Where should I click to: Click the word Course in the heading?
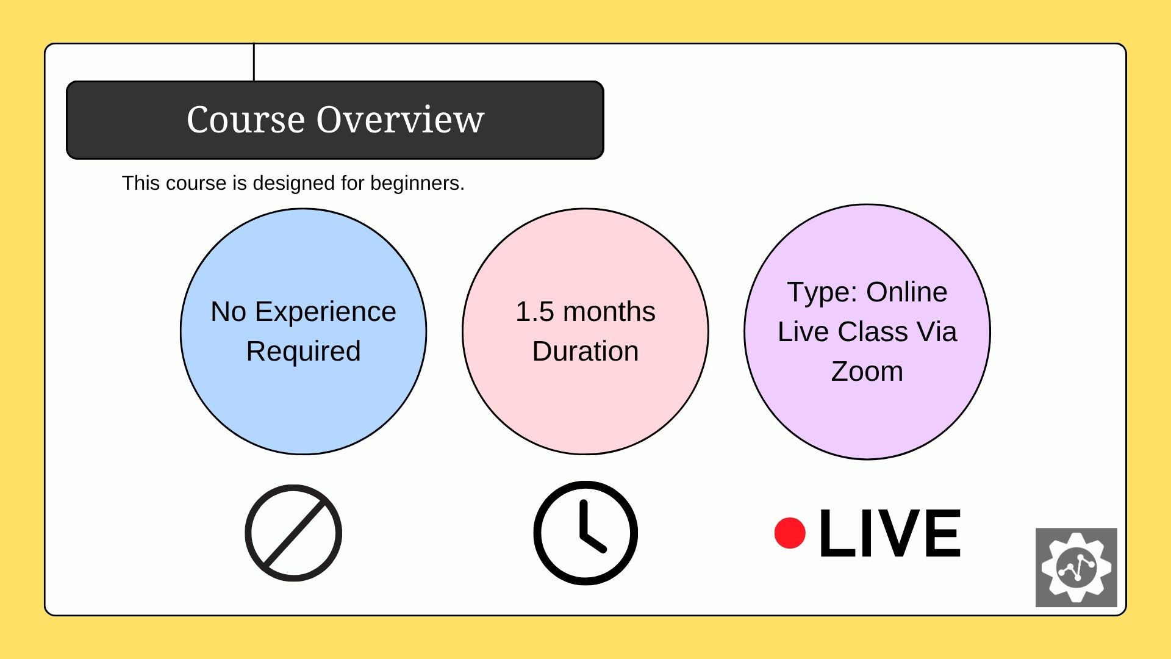tap(245, 120)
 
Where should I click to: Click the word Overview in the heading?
tap(400, 120)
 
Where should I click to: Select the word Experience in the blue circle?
tap(325, 312)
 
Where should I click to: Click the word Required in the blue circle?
tap(303, 351)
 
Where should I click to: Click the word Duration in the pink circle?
tap(585, 351)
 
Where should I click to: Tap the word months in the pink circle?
tap(609, 312)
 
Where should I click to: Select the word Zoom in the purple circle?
tap(867, 372)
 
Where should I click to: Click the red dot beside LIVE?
tap(790, 533)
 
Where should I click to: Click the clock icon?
tap(585, 533)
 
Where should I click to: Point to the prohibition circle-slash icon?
tap(293, 533)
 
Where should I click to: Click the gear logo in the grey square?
tap(1076, 567)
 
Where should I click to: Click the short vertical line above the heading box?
tap(254, 62)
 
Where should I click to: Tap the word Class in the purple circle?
tap(873, 332)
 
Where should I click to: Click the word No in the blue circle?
tap(228, 312)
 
